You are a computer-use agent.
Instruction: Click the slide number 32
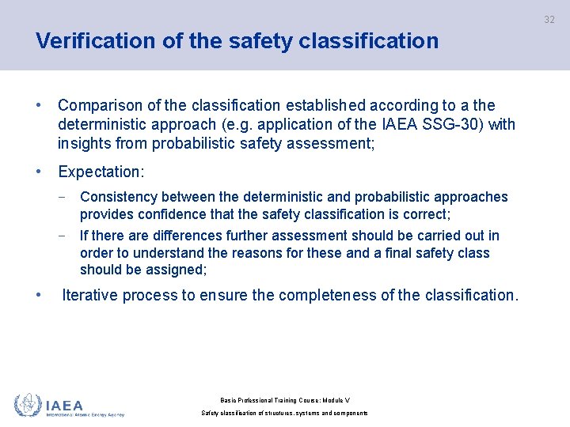click(549, 20)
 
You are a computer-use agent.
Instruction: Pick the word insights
click(84, 143)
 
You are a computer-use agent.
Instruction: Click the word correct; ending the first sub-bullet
click(425, 214)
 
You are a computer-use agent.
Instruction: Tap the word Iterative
click(89, 296)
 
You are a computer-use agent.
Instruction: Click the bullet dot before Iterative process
click(39, 295)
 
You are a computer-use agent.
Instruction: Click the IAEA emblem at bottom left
click(27, 405)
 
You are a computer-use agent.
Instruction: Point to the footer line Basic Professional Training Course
click(284, 401)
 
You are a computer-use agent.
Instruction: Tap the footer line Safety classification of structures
click(284, 414)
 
